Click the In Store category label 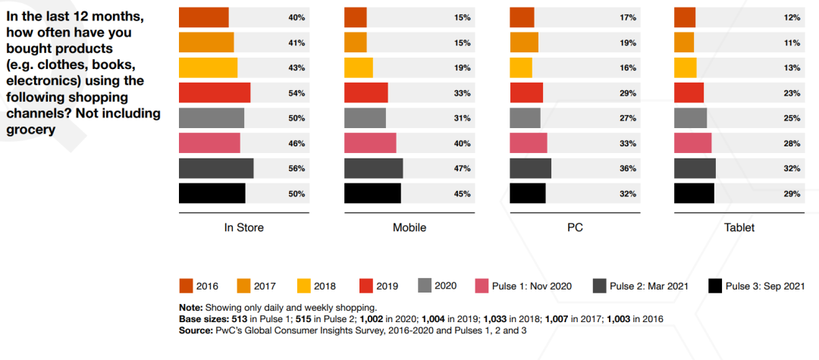click(244, 227)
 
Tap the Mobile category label click(409, 227)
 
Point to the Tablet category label click(739, 227)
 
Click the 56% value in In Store click(297, 168)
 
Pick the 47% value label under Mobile click(462, 168)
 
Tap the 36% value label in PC click(627, 168)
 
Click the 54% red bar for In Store click(215, 92)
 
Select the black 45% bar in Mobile click(372, 193)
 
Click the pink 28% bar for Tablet click(692, 143)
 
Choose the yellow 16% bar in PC click(521, 67)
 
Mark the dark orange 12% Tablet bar click(684, 17)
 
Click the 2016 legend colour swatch click(186, 286)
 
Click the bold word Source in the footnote click(196, 330)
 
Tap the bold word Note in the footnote click(191, 308)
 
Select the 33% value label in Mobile click(462, 92)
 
